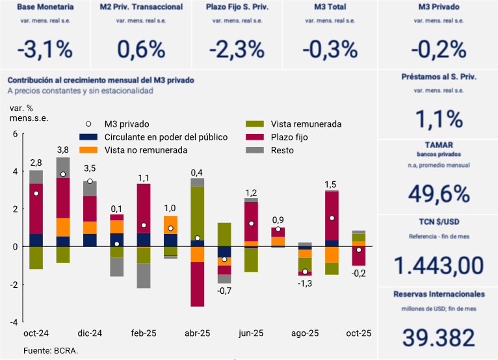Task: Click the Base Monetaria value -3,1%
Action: [x=44, y=49]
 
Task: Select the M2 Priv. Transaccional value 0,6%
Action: [x=141, y=49]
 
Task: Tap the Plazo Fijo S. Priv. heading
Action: [x=237, y=8]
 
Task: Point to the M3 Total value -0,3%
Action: [x=331, y=49]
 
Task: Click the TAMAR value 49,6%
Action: [x=438, y=194]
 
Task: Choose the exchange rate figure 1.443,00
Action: [x=438, y=265]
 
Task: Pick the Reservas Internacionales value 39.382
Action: [x=438, y=337]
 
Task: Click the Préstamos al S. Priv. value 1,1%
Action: [x=438, y=119]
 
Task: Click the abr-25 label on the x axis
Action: [x=198, y=333]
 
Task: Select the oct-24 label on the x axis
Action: [x=36, y=333]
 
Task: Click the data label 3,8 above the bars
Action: [x=63, y=150]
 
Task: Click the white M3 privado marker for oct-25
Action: [x=359, y=250]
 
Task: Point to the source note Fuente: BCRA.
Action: [x=51, y=350]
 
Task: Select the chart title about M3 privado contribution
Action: [x=101, y=81]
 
